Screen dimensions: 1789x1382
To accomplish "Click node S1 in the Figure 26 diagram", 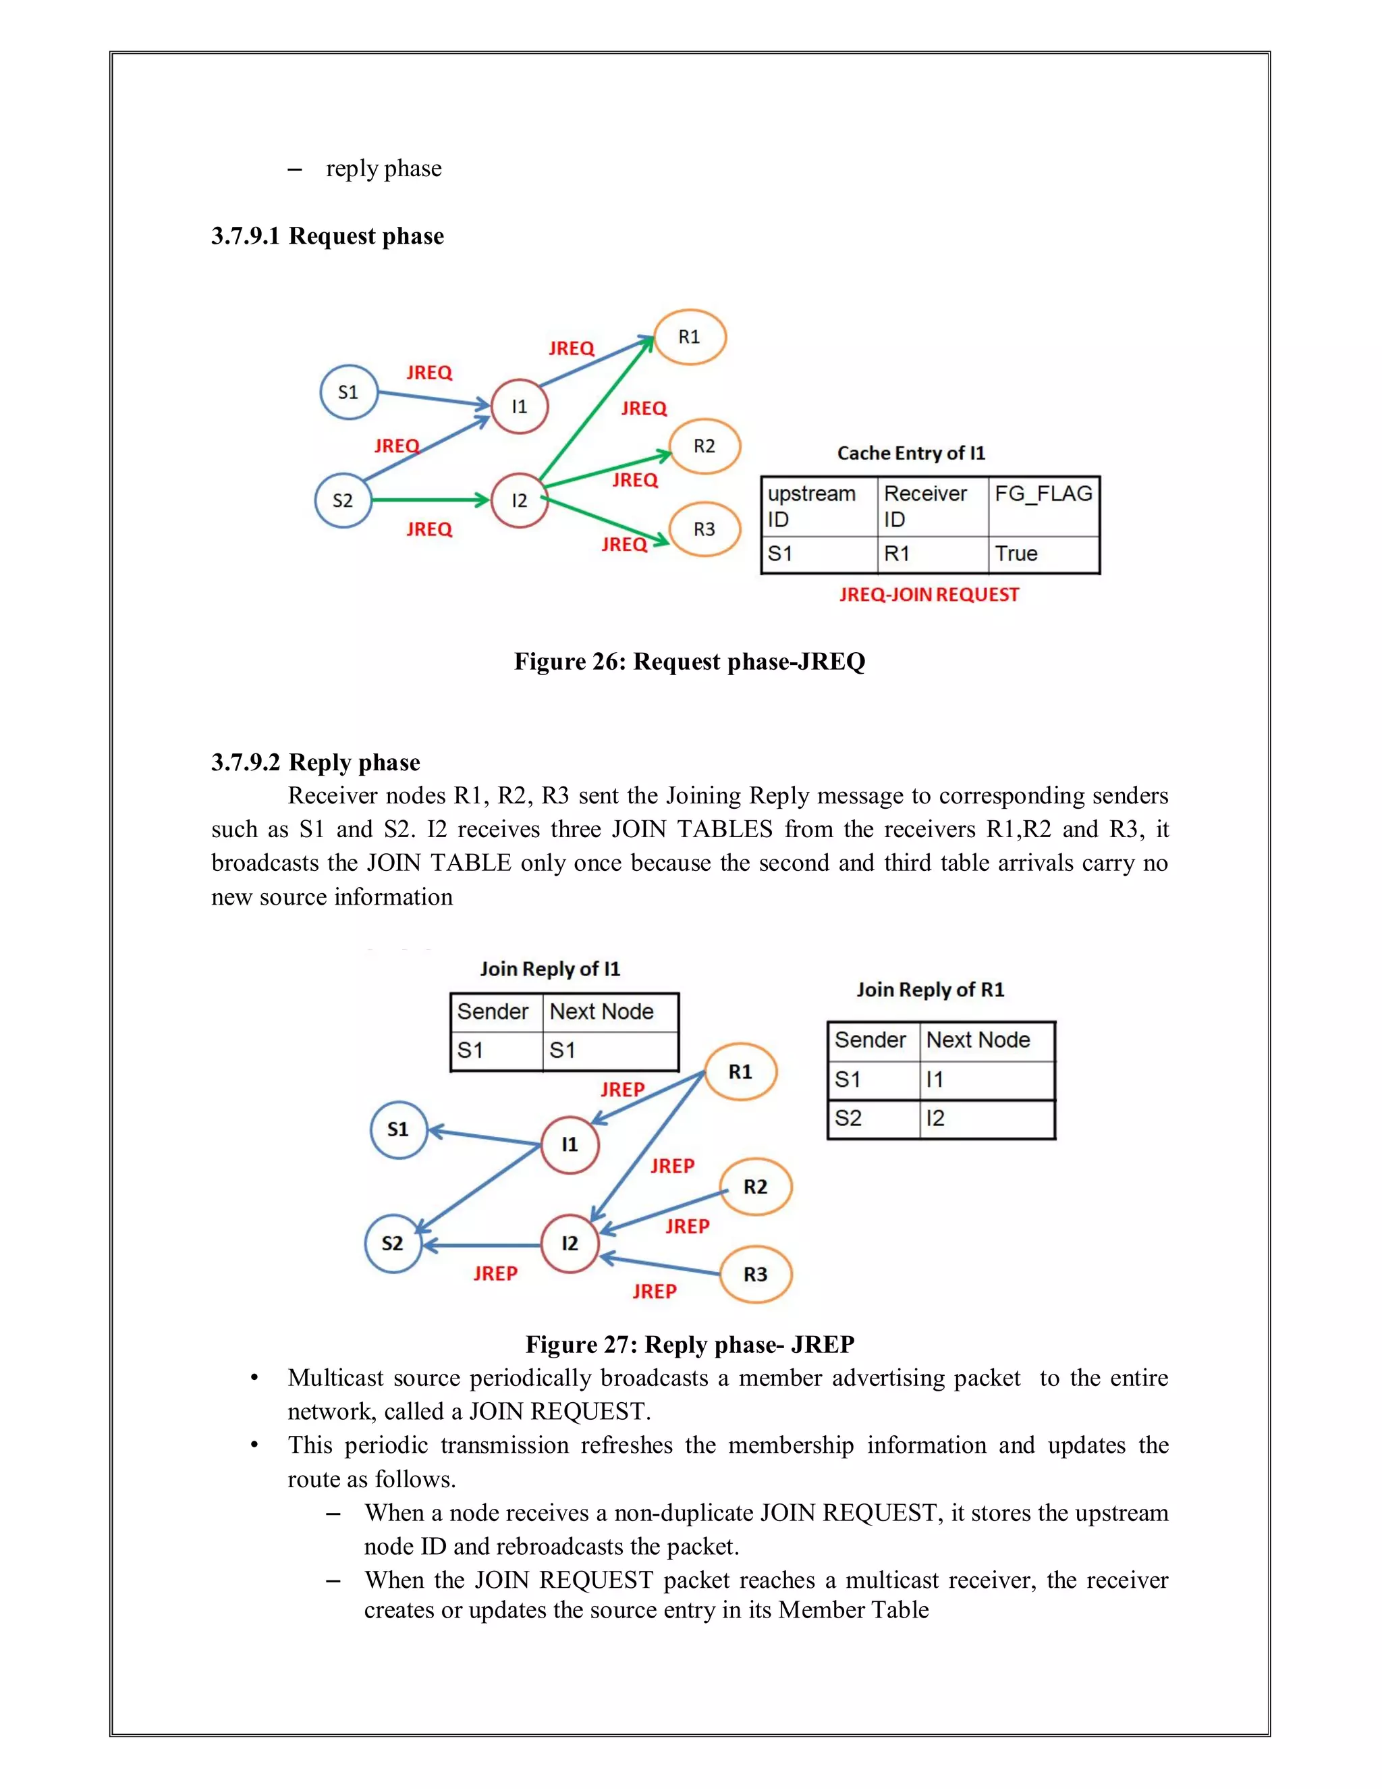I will [x=349, y=392].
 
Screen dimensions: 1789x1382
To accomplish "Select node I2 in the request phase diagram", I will [x=519, y=500].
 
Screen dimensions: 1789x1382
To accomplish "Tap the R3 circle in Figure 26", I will [x=704, y=529].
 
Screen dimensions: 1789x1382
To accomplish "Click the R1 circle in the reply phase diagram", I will [x=740, y=1071].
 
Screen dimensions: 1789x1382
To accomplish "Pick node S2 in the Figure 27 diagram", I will [x=393, y=1244].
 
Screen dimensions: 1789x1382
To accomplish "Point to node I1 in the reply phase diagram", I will [x=570, y=1144].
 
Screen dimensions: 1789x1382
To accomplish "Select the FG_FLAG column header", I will [x=1043, y=494].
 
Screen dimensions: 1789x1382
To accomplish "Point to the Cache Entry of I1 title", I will [x=911, y=453].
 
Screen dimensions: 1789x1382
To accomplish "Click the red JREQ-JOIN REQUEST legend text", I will [x=929, y=595].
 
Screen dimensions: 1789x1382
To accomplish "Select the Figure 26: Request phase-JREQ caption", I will [x=690, y=661].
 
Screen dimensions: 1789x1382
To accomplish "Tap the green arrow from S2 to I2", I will [x=430, y=500].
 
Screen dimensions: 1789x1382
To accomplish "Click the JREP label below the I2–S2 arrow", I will [x=495, y=1274].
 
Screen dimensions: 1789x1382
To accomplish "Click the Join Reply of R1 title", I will [x=930, y=990].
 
